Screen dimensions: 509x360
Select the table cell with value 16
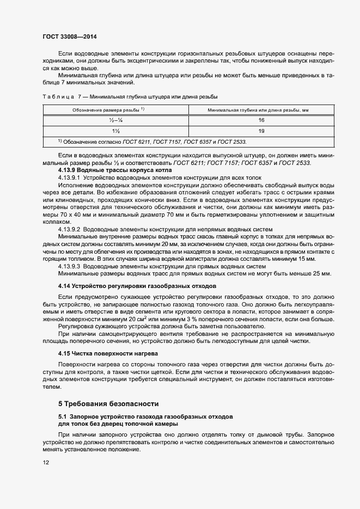pos(261,120)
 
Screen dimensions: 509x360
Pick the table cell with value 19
pos(261,131)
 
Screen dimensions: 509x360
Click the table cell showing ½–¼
pos(115,120)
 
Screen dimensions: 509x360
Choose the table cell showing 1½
pos(115,131)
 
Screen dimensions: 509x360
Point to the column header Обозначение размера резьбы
pos(107,109)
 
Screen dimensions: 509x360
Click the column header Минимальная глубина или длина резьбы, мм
pos(258,109)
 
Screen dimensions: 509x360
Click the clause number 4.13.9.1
pos(69,177)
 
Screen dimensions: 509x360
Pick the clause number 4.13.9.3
pos(69,266)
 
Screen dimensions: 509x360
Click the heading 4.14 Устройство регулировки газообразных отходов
pos(138,285)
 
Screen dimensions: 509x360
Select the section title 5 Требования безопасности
pos(108,403)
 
